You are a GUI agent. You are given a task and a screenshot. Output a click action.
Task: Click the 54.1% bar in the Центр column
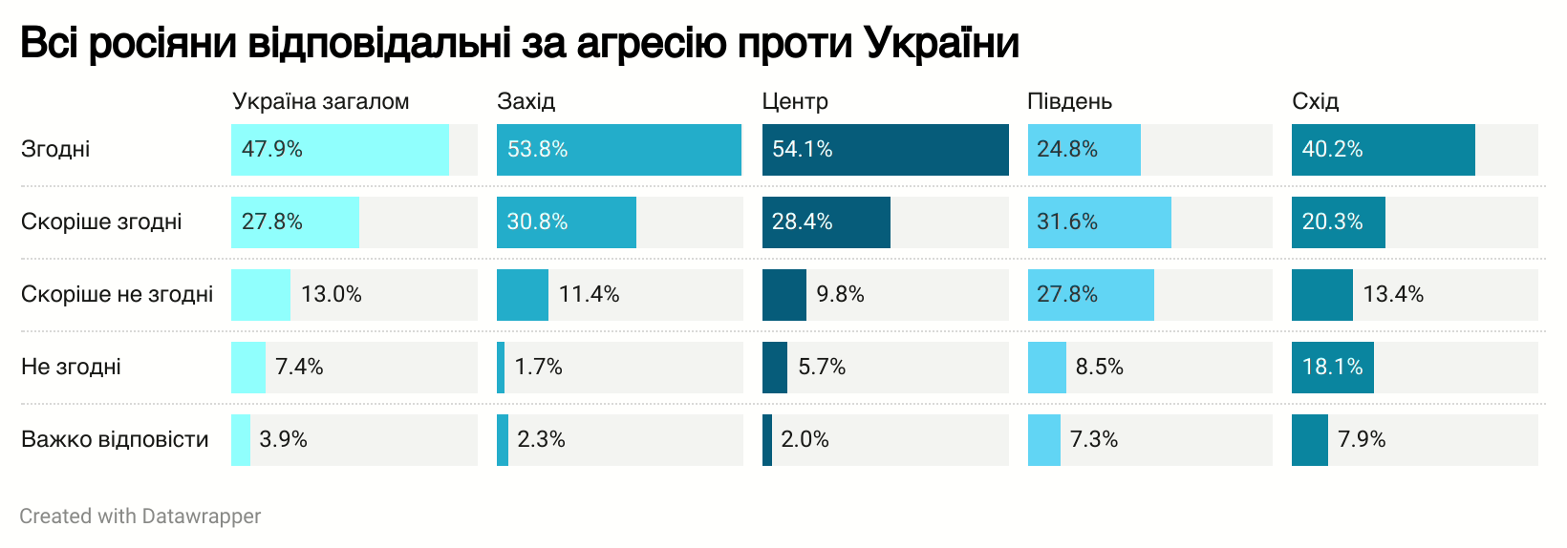885,150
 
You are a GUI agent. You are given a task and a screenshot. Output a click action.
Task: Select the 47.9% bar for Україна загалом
339,150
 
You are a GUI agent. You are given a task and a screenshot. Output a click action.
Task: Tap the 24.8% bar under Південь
1084,150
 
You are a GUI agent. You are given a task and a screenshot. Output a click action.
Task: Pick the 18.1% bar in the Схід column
1332,368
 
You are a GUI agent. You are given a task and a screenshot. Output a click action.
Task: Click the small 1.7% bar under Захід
501,368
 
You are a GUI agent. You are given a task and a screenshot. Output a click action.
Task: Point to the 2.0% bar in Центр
767,440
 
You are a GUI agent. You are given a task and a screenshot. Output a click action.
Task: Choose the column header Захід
526,101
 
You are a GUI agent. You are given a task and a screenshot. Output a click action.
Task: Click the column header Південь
1069,101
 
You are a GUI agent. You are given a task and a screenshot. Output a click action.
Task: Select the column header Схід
1315,101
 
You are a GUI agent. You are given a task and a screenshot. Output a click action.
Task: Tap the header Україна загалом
320,101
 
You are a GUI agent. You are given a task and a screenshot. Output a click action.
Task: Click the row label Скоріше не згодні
117,294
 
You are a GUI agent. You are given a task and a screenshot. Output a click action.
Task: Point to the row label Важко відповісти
115,439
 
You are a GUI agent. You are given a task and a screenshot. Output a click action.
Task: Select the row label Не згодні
71,367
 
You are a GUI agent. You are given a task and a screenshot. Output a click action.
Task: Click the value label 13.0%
331,294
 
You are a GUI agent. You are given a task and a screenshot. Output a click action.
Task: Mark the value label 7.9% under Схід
1362,439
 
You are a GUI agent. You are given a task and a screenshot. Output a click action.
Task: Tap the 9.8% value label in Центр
840,294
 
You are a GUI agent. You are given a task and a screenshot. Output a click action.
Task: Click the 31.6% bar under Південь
1099,222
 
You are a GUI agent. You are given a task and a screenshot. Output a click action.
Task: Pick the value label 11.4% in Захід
589,294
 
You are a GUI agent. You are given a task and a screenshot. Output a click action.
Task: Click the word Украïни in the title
941,43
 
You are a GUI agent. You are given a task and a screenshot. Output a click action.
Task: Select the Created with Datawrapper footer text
140,516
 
